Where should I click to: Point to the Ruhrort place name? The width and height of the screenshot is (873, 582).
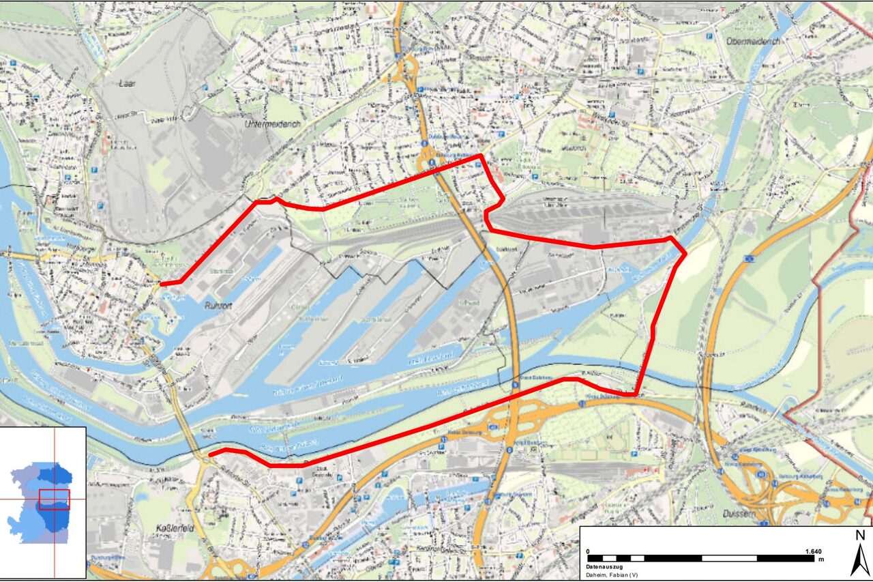click(218, 306)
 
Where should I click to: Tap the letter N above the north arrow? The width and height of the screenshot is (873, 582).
click(860, 536)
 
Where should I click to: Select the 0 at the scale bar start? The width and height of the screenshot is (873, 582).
click(589, 550)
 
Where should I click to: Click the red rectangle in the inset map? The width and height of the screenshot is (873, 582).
click(54, 499)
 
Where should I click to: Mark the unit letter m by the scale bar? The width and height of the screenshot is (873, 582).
click(822, 559)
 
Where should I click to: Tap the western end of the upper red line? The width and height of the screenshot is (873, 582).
click(162, 283)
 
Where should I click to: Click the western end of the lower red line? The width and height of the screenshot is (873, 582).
click(210, 454)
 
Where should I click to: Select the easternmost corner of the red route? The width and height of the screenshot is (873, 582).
click(685, 254)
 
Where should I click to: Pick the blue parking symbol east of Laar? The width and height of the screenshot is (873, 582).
click(205, 87)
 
